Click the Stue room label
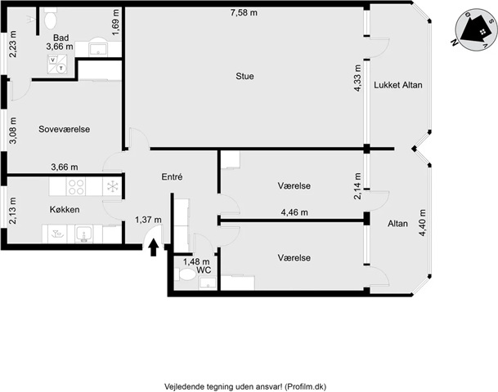click(245, 76)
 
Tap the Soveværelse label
click(64, 129)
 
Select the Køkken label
click(65, 210)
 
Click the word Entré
click(172, 176)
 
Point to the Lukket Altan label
click(398, 85)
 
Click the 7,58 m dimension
click(244, 13)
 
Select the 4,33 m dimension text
click(357, 78)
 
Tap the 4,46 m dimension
click(294, 212)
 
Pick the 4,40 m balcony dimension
click(422, 223)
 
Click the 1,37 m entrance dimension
click(148, 220)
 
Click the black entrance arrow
click(154, 247)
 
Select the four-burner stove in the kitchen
click(77, 186)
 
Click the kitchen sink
click(84, 234)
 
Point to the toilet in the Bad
click(51, 18)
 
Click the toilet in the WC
click(186, 274)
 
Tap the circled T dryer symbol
click(61, 68)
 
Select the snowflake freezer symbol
click(112, 186)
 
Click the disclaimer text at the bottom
click(245, 386)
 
